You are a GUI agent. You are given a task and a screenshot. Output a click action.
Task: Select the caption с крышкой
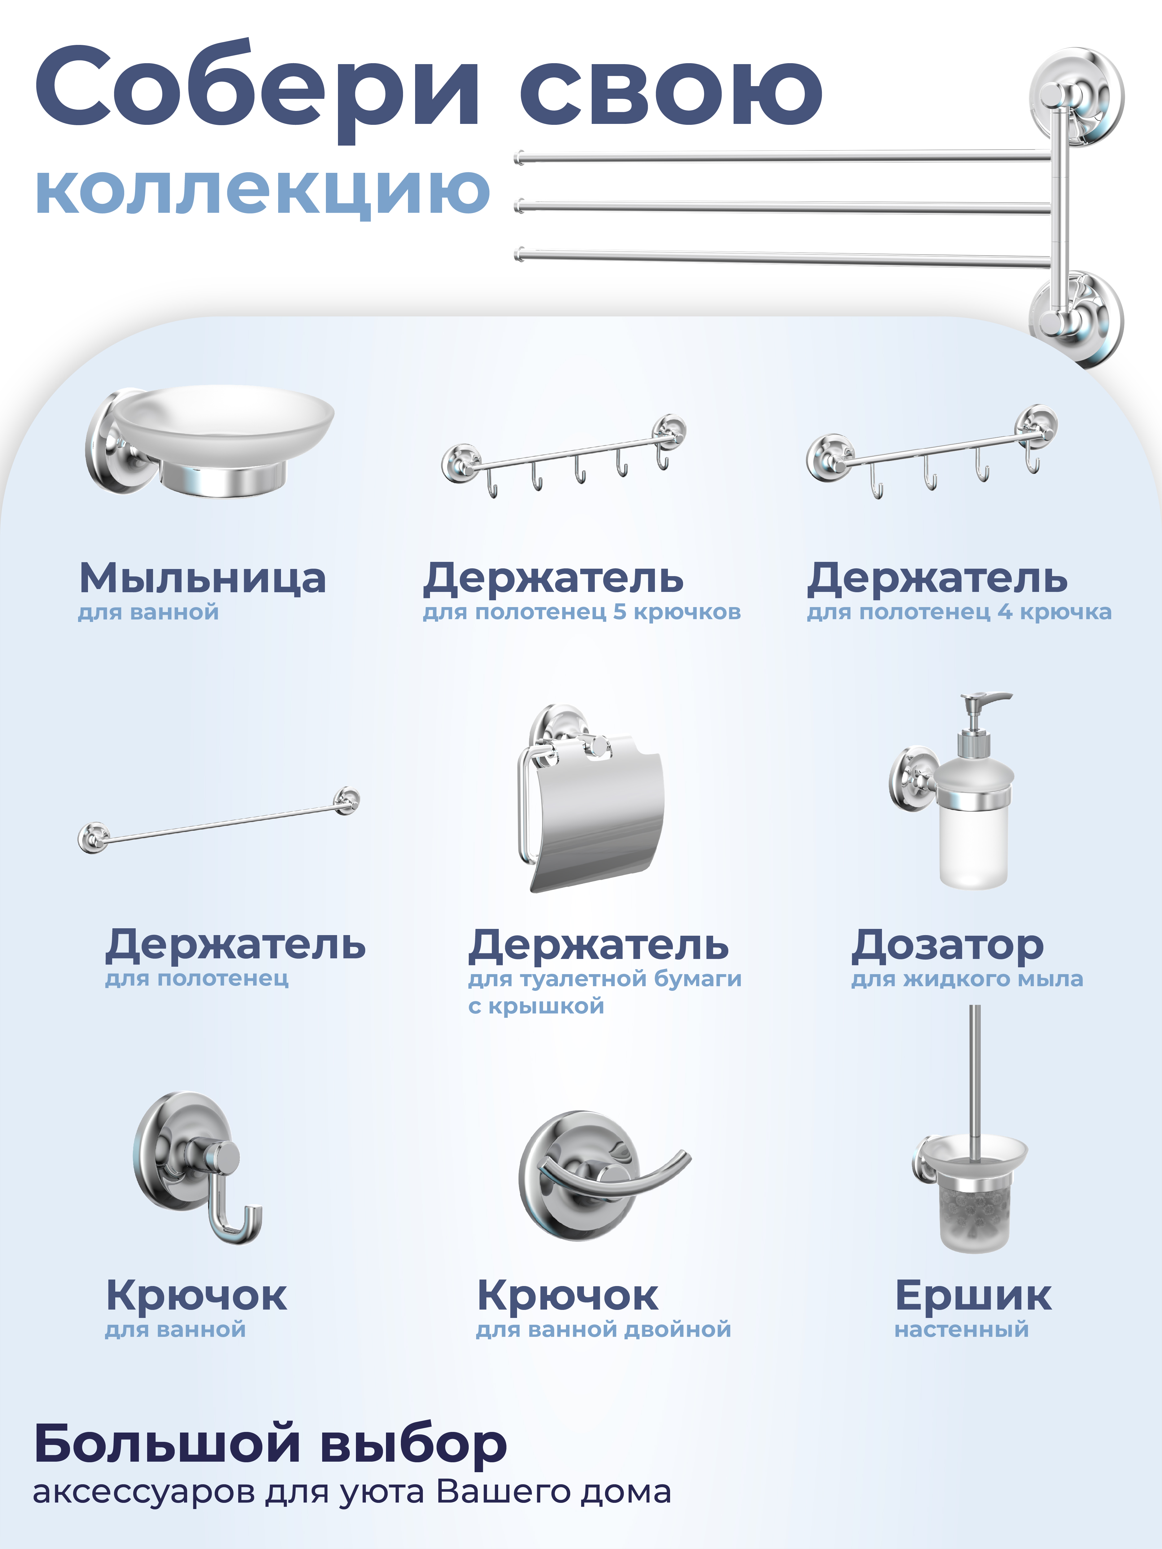coord(536,1006)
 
